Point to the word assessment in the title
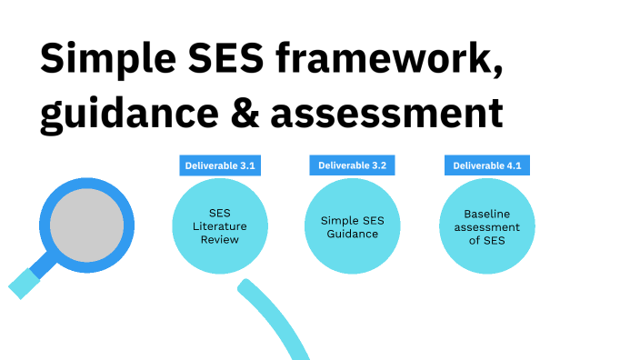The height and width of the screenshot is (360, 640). pyautogui.click(x=387, y=115)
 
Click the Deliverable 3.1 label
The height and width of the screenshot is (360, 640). pyautogui.click(x=220, y=165)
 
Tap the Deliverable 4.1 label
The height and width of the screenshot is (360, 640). pyautogui.click(x=486, y=165)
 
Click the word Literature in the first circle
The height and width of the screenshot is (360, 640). pyautogui.click(x=220, y=227)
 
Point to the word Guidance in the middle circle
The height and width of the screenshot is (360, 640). pyautogui.click(x=353, y=234)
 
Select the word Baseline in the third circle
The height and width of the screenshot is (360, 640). pyautogui.click(x=486, y=214)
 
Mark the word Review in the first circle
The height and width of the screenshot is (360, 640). pyautogui.click(x=220, y=240)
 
